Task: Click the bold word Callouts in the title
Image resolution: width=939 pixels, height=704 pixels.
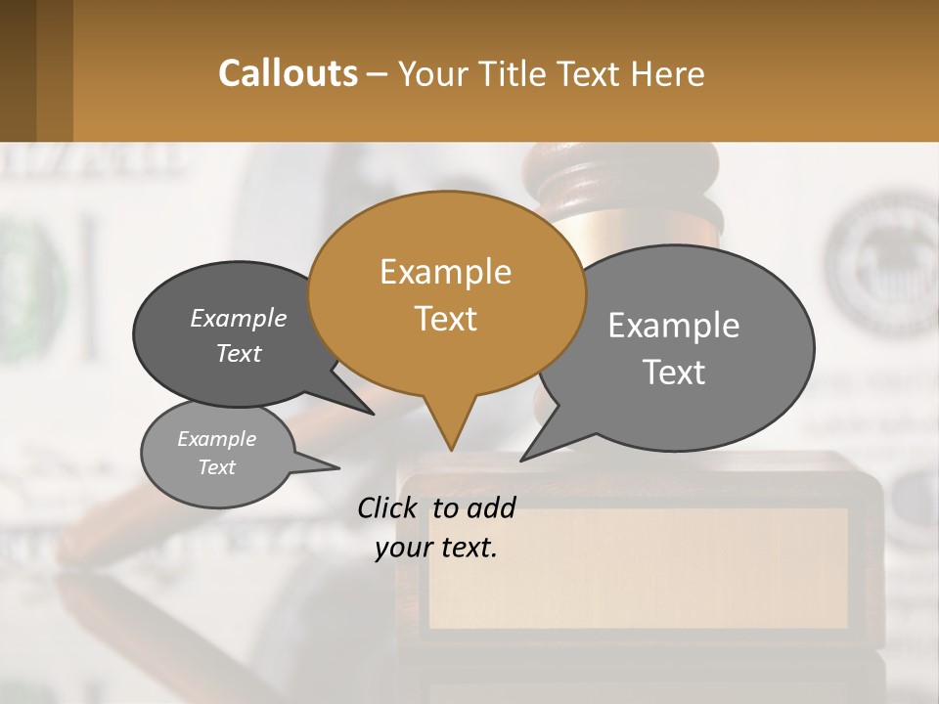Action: (x=288, y=74)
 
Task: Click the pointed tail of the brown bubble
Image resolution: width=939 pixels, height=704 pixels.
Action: (x=449, y=430)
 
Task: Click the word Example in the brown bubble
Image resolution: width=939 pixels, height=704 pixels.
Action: (x=445, y=272)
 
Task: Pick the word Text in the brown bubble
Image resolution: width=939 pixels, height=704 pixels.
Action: (x=446, y=319)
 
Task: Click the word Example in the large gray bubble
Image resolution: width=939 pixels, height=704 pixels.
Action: (x=673, y=326)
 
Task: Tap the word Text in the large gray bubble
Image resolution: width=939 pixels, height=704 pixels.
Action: (x=674, y=373)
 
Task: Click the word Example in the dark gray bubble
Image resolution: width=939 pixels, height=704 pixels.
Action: (x=238, y=319)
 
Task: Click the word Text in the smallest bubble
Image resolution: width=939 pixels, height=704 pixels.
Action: (x=216, y=467)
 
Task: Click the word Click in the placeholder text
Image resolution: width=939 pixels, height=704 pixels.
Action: (x=389, y=507)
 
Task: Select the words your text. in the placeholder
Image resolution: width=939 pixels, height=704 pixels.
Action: (x=436, y=548)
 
